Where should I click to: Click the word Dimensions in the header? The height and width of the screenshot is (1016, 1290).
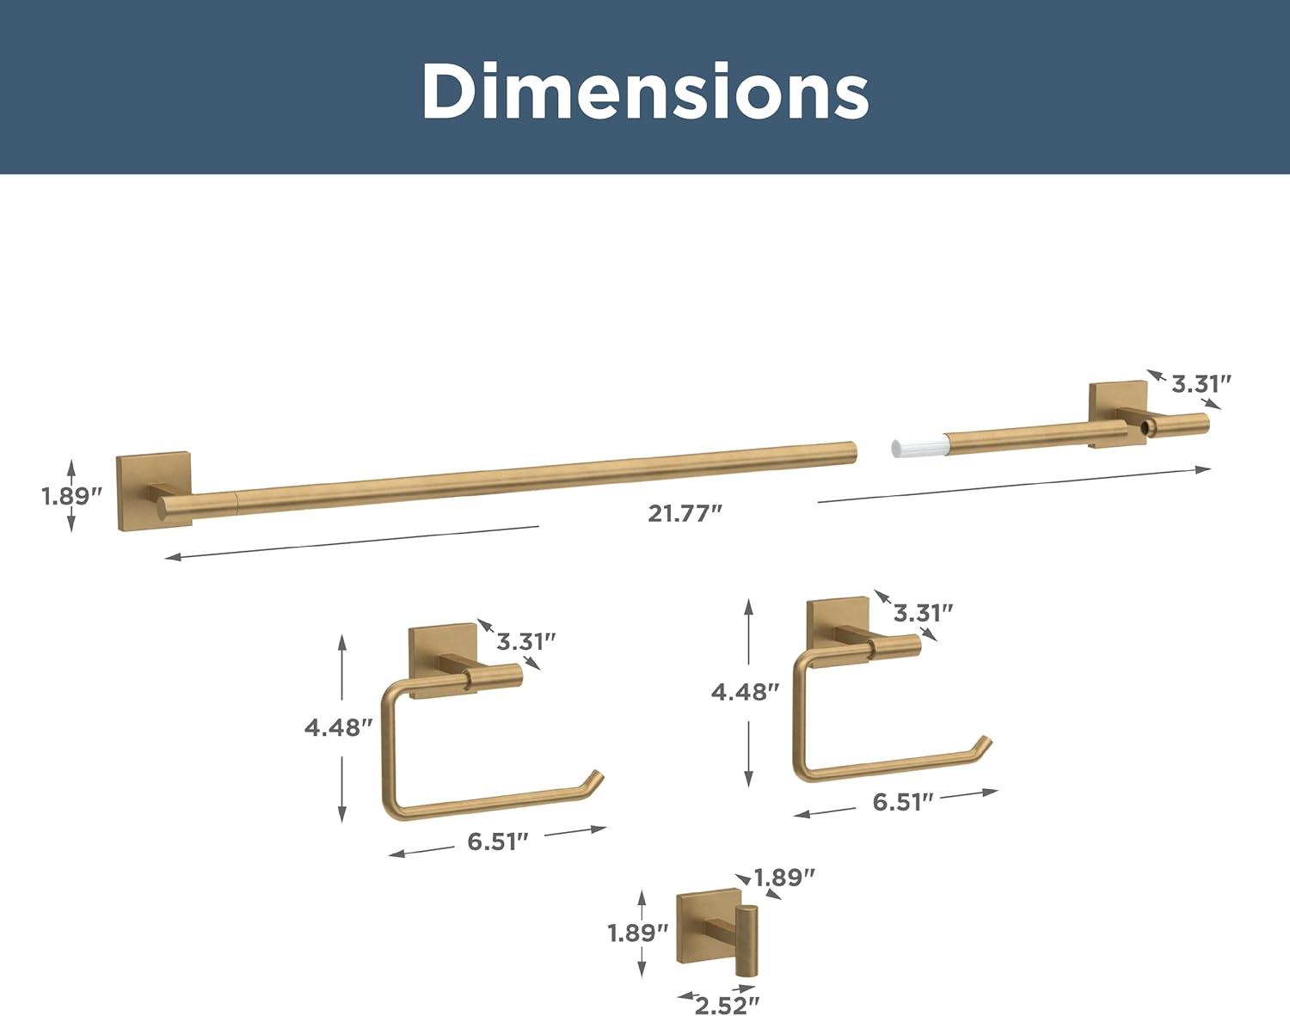tap(645, 91)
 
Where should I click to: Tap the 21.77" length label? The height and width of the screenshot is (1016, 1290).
tap(685, 513)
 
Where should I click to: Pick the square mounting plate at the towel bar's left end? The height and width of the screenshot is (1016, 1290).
tap(154, 491)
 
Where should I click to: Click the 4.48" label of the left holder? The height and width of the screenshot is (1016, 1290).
tap(339, 728)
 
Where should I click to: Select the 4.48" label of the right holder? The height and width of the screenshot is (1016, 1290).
tap(745, 693)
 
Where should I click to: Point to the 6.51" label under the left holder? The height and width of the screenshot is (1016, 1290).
tap(498, 842)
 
